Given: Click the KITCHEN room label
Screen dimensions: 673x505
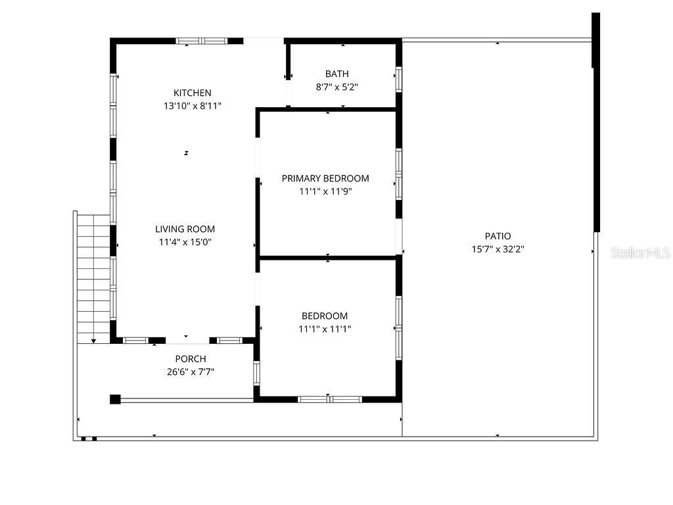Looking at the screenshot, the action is [x=193, y=93].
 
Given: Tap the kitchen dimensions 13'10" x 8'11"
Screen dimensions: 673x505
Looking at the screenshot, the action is [x=193, y=106].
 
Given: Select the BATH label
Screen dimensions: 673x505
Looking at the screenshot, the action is [x=337, y=74].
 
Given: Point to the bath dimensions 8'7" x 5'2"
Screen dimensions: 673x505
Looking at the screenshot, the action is [x=337, y=87].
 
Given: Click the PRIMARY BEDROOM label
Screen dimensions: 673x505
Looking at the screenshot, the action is [x=325, y=178].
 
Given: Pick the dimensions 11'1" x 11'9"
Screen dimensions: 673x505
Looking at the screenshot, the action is [x=325, y=191].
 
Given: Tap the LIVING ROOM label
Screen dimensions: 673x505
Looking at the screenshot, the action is [x=185, y=229].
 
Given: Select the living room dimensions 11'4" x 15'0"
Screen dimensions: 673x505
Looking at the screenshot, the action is [x=185, y=242].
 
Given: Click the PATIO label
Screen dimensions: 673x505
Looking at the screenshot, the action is [x=498, y=236].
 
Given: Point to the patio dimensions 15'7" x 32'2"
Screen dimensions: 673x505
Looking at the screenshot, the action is [x=498, y=249].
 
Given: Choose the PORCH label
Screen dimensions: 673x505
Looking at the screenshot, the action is [x=191, y=358].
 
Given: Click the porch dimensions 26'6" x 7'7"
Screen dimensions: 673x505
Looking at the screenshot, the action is [x=191, y=372].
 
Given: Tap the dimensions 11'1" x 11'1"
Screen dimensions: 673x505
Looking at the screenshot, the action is [x=325, y=329].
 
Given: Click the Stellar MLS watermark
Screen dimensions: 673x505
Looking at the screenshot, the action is [x=640, y=252].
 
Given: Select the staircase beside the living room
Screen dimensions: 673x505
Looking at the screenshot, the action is [x=93, y=277].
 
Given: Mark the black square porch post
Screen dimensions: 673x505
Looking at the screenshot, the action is [x=115, y=399].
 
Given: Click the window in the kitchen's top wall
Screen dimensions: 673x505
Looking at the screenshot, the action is [x=201, y=41].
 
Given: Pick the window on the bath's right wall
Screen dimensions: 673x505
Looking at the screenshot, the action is [x=399, y=79].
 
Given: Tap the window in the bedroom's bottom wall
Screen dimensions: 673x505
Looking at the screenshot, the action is [x=330, y=399].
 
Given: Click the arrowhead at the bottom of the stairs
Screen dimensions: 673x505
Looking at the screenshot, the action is [x=93, y=341].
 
